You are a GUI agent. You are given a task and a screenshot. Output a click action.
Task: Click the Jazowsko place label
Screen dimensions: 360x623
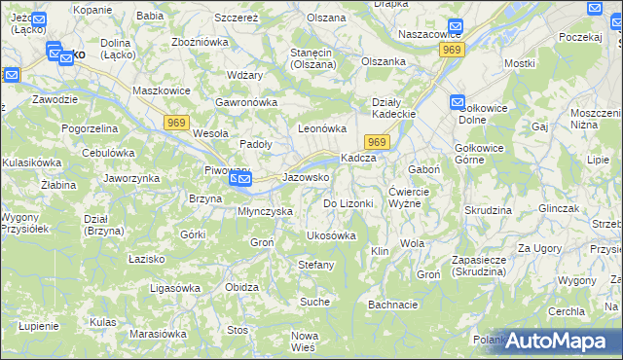[306, 178]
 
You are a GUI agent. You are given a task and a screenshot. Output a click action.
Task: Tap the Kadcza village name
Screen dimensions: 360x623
[357, 159]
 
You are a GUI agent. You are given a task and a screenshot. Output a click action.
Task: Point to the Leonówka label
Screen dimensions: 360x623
[322, 128]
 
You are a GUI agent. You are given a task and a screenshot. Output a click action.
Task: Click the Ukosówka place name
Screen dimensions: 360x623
[331, 235]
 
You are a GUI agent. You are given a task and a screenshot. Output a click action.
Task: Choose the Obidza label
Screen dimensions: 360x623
[241, 287]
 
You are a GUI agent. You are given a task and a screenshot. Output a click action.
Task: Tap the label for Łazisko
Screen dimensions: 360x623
[147, 260]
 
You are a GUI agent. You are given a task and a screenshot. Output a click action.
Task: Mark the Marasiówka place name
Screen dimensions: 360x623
[158, 334]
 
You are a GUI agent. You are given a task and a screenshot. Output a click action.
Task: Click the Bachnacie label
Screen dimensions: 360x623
[393, 305]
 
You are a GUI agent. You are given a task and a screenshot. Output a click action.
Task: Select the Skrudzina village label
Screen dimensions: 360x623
[488, 210]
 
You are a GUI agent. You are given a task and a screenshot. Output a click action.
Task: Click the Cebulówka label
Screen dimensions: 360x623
[108, 153]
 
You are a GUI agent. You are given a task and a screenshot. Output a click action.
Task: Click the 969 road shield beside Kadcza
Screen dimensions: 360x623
[379, 143]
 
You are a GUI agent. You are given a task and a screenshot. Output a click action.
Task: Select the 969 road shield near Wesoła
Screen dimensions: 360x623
[176, 121]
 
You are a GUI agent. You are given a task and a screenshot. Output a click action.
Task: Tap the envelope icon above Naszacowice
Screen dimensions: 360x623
[456, 27]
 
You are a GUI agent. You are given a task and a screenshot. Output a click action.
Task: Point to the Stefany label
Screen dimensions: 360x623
[316, 265]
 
